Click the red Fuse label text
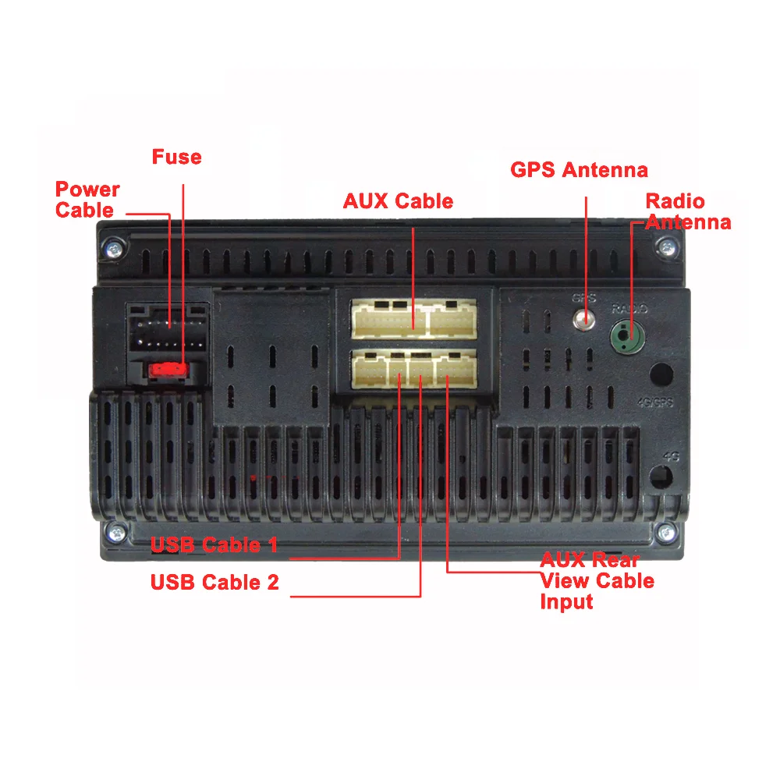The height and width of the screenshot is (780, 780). pyautogui.click(x=176, y=157)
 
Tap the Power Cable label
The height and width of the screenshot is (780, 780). pyautogui.click(x=87, y=200)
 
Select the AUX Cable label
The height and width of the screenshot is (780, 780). pyautogui.click(x=398, y=201)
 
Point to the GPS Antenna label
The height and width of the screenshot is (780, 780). pyautogui.click(x=579, y=169)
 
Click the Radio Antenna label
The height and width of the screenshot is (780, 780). pyautogui.click(x=686, y=211)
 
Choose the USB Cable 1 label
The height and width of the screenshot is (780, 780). pyautogui.click(x=214, y=544)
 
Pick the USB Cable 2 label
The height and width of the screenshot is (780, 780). pyautogui.click(x=214, y=582)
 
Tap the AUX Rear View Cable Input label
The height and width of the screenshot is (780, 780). pyautogui.click(x=596, y=581)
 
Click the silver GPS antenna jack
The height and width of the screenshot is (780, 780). pyautogui.click(x=584, y=318)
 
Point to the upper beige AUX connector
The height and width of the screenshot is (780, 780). pyautogui.click(x=413, y=319)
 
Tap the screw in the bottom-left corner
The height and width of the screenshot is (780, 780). pyautogui.click(x=115, y=534)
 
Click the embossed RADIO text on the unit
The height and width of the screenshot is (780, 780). pyautogui.click(x=627, y=309)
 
